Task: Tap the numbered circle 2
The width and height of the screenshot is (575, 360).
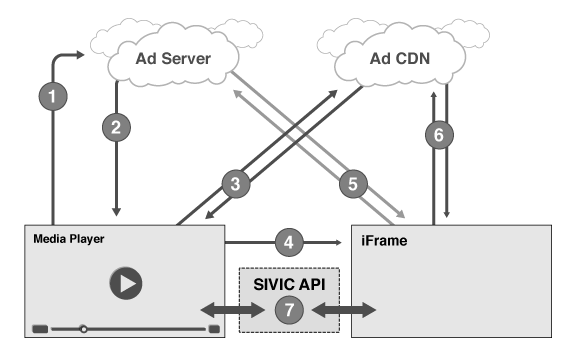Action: click(118, 129)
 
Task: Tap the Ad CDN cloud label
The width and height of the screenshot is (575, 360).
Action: click(394, 58)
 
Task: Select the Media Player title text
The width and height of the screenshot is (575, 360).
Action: click(69, 239)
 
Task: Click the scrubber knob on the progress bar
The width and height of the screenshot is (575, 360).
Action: click(84, 328)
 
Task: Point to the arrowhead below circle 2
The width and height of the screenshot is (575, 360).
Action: click(118, 209)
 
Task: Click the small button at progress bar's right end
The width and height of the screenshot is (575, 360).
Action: click(213, 328)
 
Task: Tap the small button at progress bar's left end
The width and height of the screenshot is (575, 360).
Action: click(40, 328)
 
